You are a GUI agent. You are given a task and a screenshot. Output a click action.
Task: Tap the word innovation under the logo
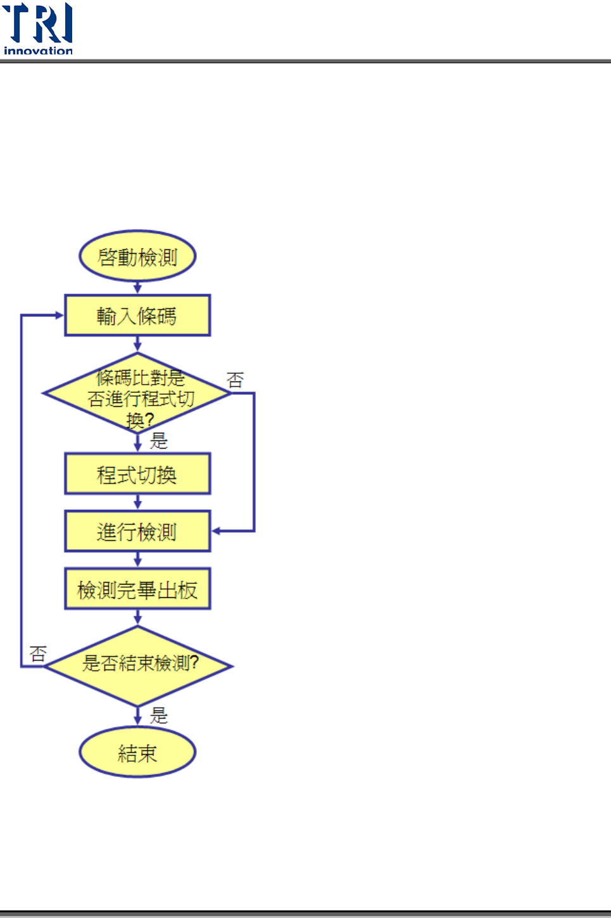click(x=38, y=51)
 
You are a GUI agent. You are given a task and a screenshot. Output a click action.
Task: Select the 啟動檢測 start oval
click(x=137, y=256)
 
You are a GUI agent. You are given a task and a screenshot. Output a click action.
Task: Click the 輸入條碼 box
click(x=137, y=315)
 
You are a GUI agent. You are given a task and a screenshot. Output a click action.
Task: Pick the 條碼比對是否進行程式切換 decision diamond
click(x=137, y=394)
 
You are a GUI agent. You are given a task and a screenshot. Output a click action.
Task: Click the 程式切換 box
click(x=137, y=474)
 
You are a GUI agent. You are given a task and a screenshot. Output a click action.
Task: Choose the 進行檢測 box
click(x=137, y=531)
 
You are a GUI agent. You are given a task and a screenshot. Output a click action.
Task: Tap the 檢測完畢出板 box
click(x=137, y=589)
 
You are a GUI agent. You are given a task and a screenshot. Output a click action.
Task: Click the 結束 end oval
click(x=137, y=752)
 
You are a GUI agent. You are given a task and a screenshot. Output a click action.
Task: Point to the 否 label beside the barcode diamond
click(x=235, y=380)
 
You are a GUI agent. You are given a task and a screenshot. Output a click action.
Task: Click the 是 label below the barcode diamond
click(x=158, y=440)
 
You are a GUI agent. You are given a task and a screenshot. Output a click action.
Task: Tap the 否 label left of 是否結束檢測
click(x=38, y=653)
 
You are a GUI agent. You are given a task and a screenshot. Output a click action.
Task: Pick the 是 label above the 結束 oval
click(x=158, y=715)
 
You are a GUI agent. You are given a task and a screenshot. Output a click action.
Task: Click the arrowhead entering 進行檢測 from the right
click(x=216, y=531)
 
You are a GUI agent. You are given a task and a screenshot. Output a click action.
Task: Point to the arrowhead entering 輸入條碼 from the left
click(x=60, y=315)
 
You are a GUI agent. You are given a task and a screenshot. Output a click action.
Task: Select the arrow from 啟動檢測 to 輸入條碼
click(x=137, y=288)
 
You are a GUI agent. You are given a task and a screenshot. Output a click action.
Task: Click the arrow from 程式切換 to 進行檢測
click(x=137, y=503)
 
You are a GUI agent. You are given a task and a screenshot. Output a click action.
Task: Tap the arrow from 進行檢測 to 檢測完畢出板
click(x=137, y=560)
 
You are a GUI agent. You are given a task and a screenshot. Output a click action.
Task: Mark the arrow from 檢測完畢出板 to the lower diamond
click(x=137, y=617)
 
